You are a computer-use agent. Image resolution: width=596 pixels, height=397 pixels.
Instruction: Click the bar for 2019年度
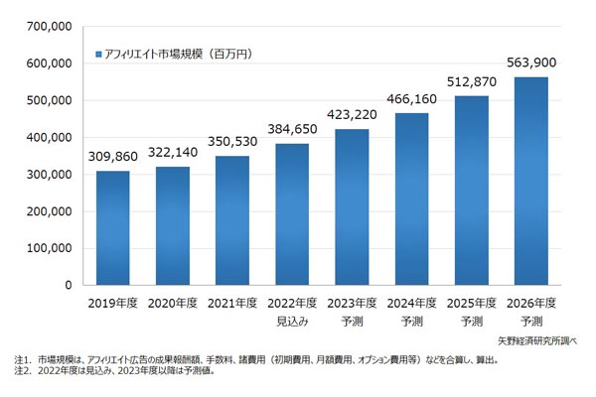tap(113, 228)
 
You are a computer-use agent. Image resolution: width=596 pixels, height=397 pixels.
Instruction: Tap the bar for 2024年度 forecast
tap(412, 198)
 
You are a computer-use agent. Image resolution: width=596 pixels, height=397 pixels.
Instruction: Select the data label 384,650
tap(292, 131)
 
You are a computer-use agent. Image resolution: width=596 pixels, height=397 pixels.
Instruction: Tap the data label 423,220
tap(353, 116)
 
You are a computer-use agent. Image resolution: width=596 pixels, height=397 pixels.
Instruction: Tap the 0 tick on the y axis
tap(67, 286)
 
